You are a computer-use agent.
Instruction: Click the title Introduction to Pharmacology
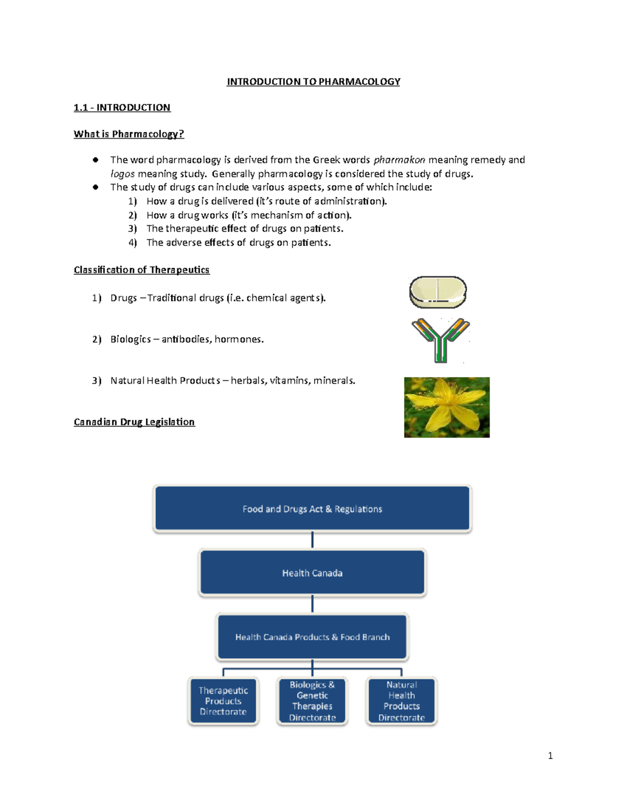pos(313,82)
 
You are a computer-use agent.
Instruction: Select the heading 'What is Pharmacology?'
pos(129,134)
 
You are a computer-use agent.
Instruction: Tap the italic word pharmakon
pos(399,160)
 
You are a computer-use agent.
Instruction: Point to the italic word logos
pos(122,174)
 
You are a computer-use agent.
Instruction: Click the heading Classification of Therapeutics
pos(141,270)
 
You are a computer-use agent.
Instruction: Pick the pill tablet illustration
pos(437,292)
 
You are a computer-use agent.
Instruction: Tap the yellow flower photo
pos(447,407)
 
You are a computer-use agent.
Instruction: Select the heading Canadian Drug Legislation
pos(134,422)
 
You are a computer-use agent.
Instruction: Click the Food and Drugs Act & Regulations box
pos(312,509)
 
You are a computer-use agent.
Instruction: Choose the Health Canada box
pos(312,573)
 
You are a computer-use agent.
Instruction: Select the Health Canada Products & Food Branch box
pos(312,637)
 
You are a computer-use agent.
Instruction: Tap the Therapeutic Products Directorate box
pos(223,701)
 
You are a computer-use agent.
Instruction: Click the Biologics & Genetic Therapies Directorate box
pos(312,701)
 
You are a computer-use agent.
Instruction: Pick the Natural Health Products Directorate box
pos(401,701)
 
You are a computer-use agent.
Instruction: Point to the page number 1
pos(550,756)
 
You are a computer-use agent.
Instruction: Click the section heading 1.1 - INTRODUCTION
pos(122,108)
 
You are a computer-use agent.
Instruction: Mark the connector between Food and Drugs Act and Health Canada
pos(312,540)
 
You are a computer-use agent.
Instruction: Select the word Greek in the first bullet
pos(326,160)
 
